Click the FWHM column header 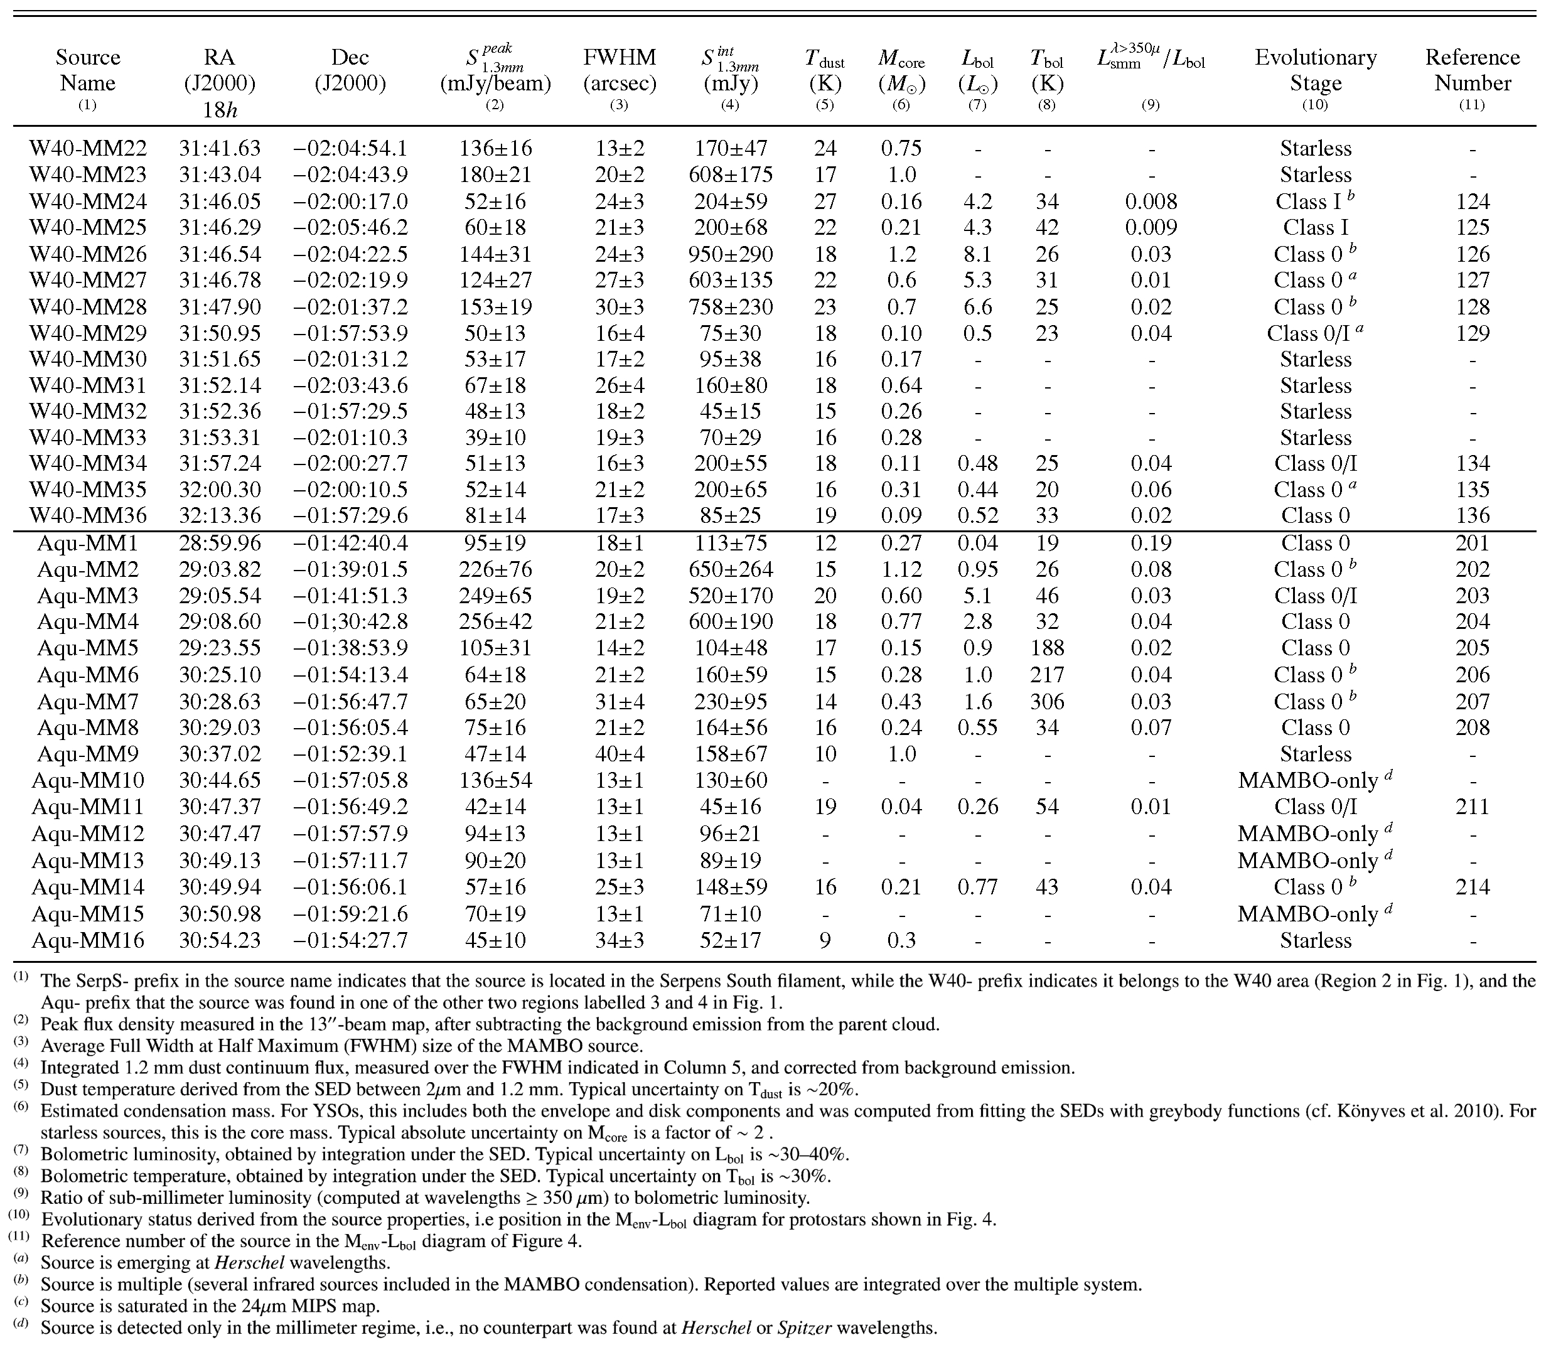(x=620, y=70)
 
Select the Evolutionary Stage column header (x=1315, y=70)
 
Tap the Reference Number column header (x=1472, y=70)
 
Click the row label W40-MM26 (x=89, y=254)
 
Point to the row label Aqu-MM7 (x=89, y=702)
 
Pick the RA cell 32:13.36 (x=220, y=516)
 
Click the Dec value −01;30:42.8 (x=350, y=621)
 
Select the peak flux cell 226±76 (x=495, y=570)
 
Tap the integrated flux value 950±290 (x=730, y=254)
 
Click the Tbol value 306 (x=1047, y=702)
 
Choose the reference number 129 (x=1473, y=333)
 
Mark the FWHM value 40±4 (x=620, y=754)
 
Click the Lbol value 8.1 (x=978, y=254)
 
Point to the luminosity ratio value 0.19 (x=1151, y=543)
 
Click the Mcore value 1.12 (x=901, y=570)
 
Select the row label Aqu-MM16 (x=89, y=941)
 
